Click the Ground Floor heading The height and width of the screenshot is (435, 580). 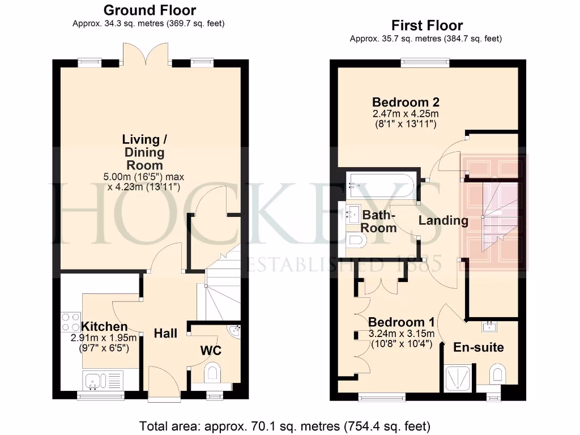tap(150, 10)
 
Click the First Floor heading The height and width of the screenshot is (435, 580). tap(427, 25)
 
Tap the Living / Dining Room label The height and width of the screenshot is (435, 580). tap(144, 152)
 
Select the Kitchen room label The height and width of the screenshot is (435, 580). tap(104, 326)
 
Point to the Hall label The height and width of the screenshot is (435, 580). tap(165, 333)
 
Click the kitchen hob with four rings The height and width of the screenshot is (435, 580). tap(71, 322)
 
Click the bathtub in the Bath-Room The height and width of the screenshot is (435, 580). tap(381, 182)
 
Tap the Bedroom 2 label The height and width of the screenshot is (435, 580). tap(405, 102)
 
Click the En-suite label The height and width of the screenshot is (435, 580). tap(479, 347)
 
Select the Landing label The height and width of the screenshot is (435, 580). tap(443, 220)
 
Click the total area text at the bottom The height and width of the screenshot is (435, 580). tap(285, 425)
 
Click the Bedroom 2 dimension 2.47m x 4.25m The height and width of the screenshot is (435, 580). tap(405, 114)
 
